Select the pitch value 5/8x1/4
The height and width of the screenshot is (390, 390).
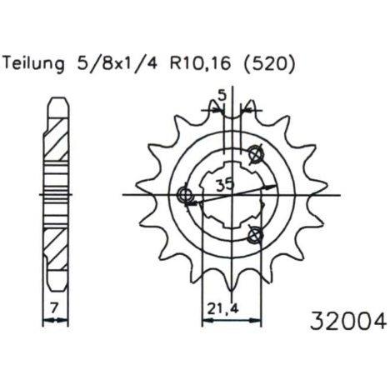[x=116, y=64]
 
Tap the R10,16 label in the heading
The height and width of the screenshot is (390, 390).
[x=200, y=64]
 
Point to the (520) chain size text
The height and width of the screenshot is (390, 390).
[x=268, y=64]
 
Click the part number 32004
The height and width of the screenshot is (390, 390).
[x=348, y=322]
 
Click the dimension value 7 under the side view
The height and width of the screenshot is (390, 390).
[x=55, y=307]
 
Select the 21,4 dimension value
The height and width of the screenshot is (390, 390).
[x=223, y=308]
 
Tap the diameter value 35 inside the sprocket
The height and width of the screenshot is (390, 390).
[x=225, y=185]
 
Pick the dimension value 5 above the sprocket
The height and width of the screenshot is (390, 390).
[x=222, y=96]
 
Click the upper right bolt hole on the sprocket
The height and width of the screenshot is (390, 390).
[x=255, y=153]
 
